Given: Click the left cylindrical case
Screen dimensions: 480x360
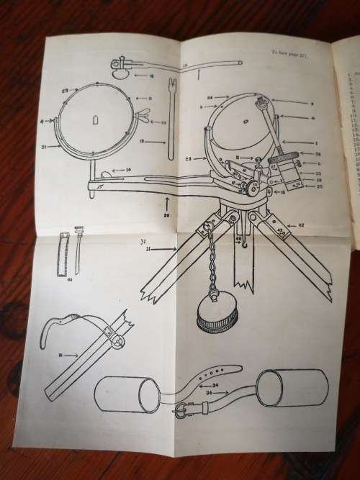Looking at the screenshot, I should [127, 394].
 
